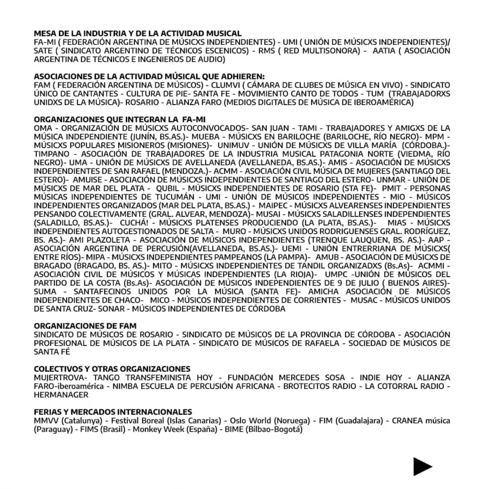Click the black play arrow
tap(422, 466)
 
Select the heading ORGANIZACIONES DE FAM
tap(85, 326)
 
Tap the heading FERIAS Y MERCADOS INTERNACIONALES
tap(113, 412)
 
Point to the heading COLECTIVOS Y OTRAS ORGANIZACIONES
tap(112, 369)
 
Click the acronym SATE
tap(43, 51)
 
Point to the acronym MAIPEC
tap(273, 205)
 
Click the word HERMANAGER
tap(61, 395)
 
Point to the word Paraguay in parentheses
tap(54, 429)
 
